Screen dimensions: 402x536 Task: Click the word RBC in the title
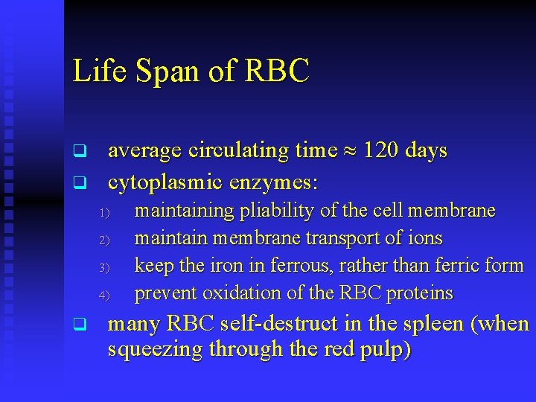coord(277,71)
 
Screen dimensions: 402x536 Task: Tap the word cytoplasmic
coord(165,181)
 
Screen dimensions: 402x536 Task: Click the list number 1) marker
coord(103,214)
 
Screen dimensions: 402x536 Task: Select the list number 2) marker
coord(103,240)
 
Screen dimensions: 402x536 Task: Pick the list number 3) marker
coord(103,267)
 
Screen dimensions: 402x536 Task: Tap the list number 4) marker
coord(103,295)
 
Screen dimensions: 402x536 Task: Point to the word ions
coord(426,238)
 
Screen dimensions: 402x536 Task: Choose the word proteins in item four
coord(419,293)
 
